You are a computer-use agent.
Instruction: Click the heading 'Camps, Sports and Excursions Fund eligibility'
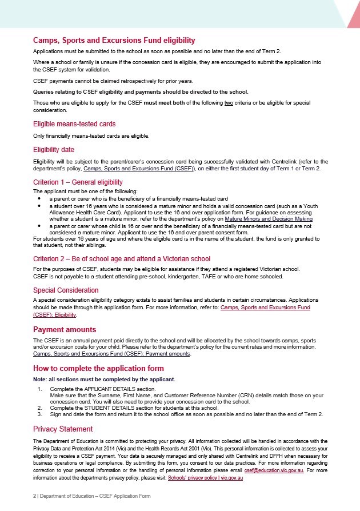point(114,41)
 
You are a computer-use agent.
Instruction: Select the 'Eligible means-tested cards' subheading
point(74,124)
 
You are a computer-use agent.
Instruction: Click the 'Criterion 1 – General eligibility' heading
point(78,182)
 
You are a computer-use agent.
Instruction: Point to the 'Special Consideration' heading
point(66,290)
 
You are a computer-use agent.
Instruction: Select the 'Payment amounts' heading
point(65,330)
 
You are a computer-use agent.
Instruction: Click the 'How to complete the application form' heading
point(98,368)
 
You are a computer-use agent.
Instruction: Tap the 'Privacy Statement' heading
point(61,429)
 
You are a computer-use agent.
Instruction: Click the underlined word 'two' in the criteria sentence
point(229,102)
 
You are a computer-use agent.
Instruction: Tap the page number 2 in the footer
point(34,496)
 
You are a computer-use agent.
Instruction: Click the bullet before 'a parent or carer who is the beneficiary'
point(39,197)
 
